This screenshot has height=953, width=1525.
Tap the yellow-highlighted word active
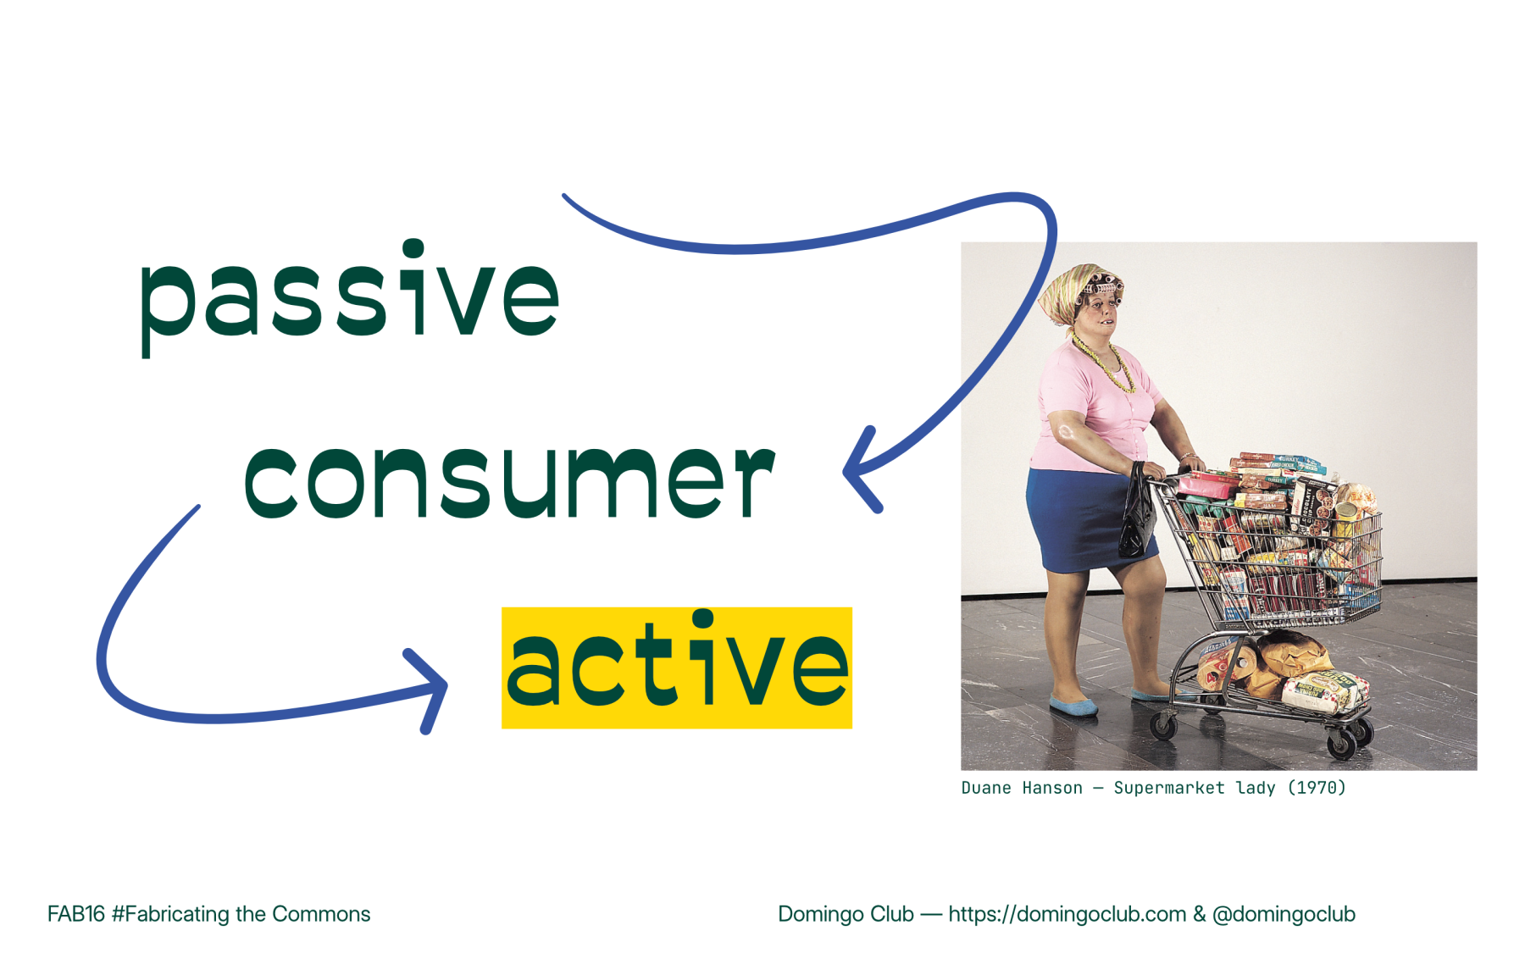[x=676, y=668]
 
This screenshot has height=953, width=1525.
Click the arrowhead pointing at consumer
[x=857, y=470]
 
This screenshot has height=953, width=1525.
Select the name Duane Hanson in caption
[x=1021, y=788]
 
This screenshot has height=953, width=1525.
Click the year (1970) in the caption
[x=1316, y=788]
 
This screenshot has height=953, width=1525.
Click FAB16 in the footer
[x=75, y=914]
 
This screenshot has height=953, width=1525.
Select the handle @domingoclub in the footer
[x=1283, y=914]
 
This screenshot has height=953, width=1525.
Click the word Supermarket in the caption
[x=1168, y=788]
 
